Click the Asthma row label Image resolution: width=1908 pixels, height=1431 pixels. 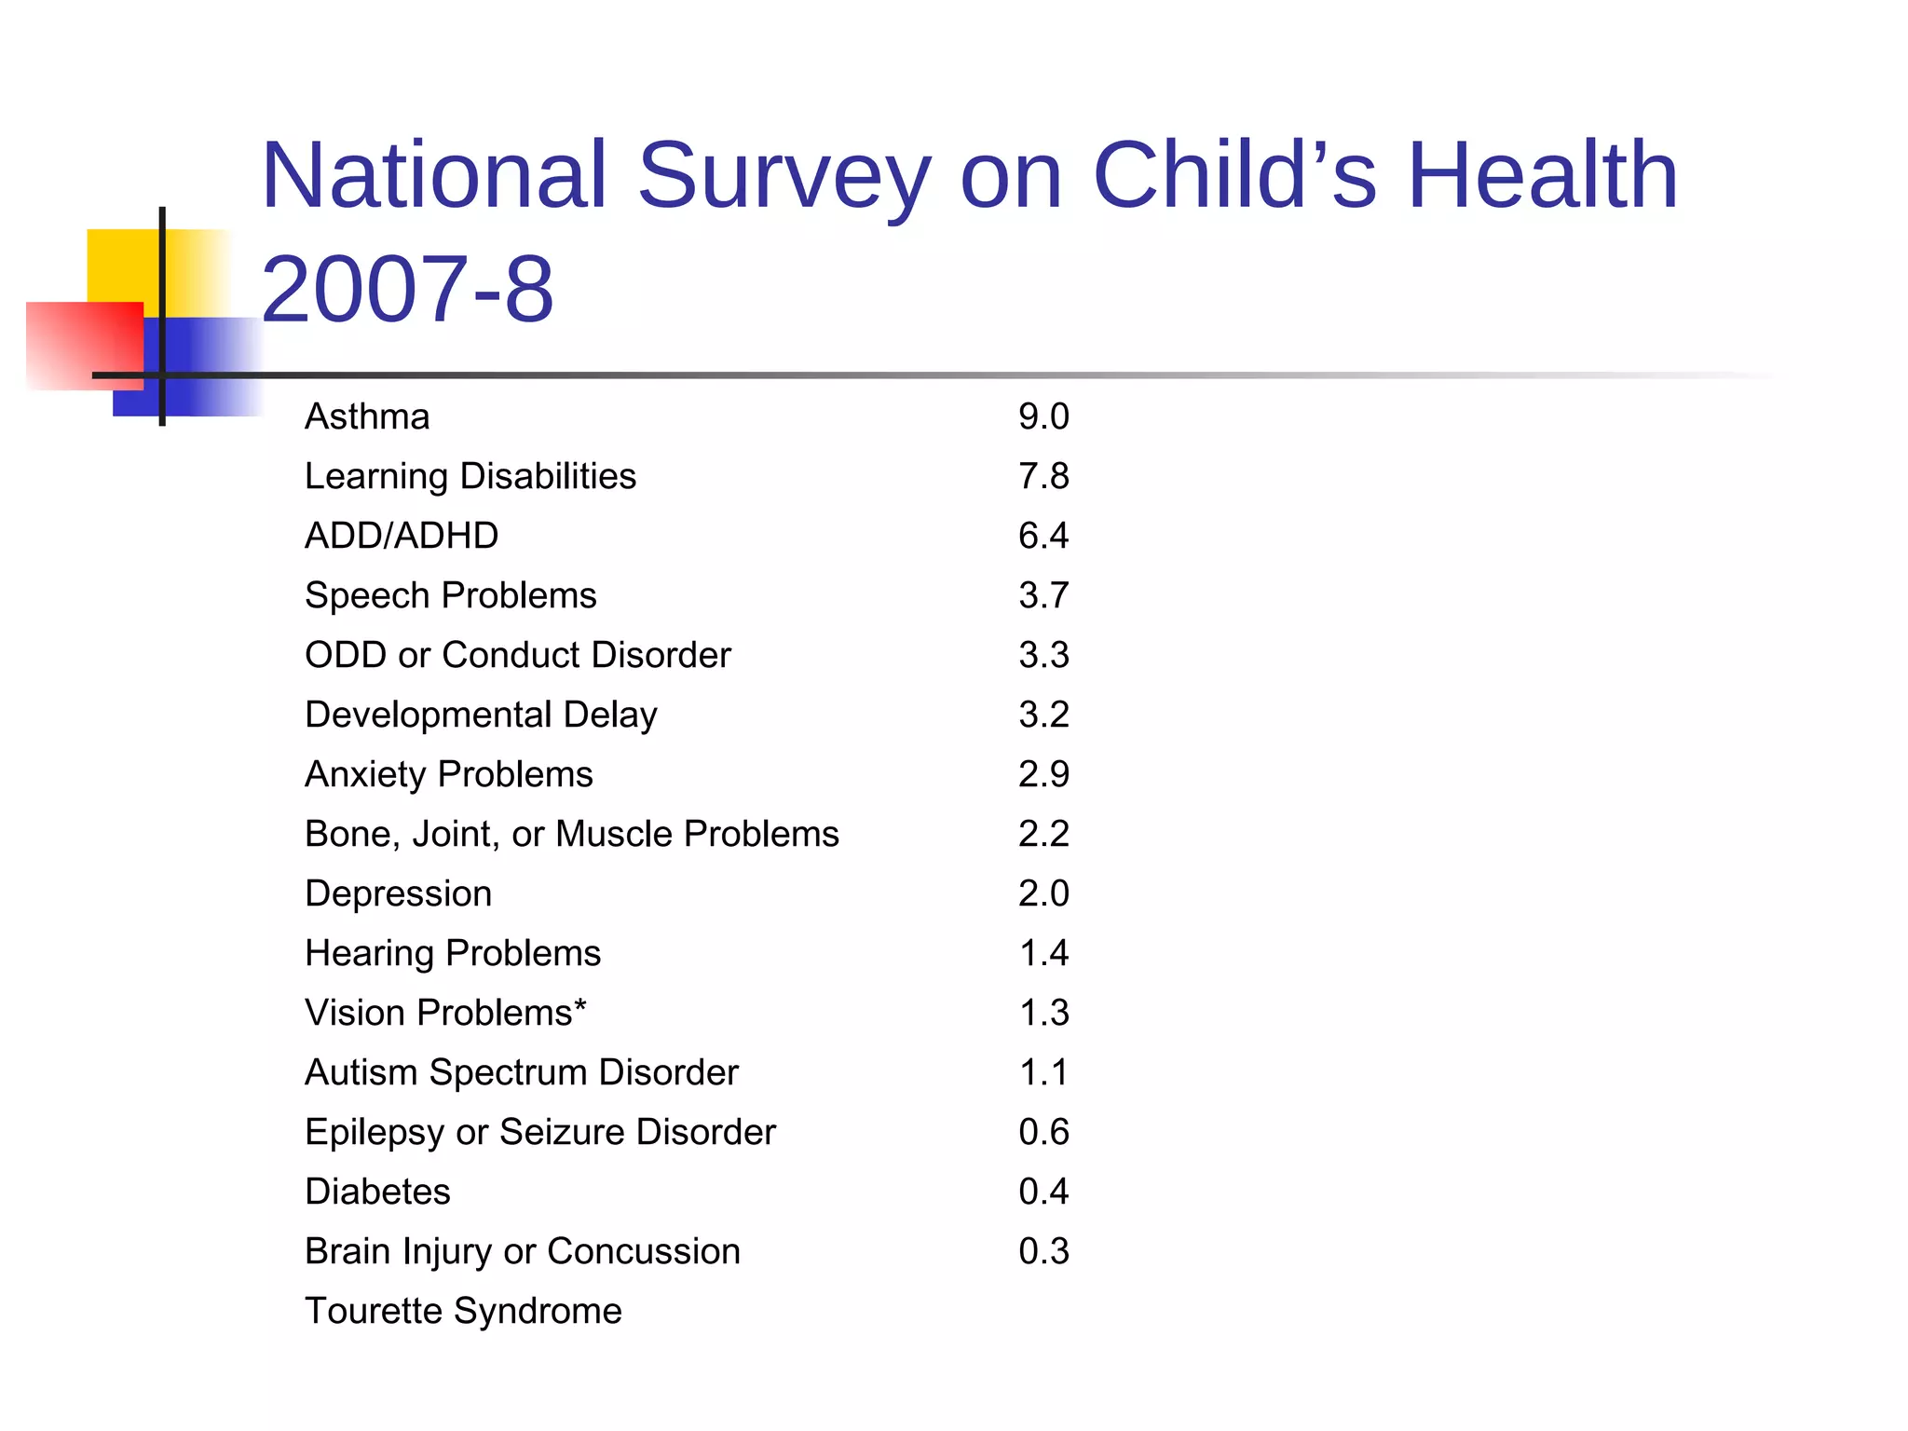point(367,416)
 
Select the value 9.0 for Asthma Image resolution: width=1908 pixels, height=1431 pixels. point(1043,416)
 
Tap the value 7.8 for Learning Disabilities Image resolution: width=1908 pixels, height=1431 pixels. point(1043,476)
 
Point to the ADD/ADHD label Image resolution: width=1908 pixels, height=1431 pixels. point(402,536)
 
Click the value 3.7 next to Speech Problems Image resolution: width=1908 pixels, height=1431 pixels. point(1043,595)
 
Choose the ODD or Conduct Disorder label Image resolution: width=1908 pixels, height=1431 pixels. point(518,655)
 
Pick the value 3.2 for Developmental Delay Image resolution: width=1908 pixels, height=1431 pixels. point(1043,715)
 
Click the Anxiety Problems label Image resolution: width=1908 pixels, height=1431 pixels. point(448,774)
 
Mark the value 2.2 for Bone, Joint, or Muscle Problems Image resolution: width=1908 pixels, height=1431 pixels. point(1043,834)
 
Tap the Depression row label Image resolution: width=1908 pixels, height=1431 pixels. point(398,893)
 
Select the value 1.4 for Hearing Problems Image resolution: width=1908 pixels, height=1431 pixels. point(1043,953)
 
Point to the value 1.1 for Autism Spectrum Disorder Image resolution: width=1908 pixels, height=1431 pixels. point(1043,1072)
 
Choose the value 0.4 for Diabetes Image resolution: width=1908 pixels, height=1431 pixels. point(1043,1192)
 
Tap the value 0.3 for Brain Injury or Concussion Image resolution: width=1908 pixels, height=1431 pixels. point(1043,1251)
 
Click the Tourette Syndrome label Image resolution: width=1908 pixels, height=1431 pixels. point(463,1311)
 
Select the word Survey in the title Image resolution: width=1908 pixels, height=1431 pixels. point(784,175)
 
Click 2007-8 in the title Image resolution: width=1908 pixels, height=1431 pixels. point(407,290)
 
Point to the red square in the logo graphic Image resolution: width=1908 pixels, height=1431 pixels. point(84,345)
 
